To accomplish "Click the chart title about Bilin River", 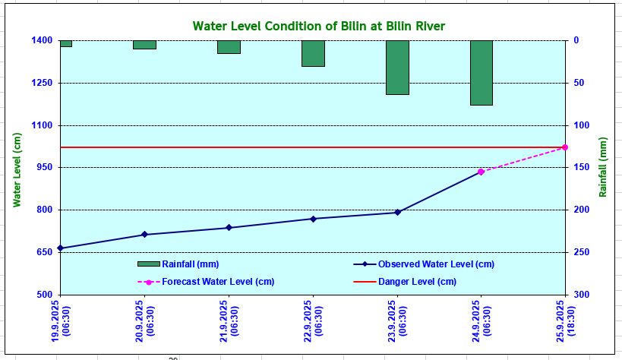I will pyautogui.click(x=318, y=26).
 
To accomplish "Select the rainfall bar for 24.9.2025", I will pyautogui.click(x=481, y=72).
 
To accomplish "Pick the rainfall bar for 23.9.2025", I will pyautogui.click(x=397, y=67).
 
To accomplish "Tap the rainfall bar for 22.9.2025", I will pyautogui.click(x=313, y=53).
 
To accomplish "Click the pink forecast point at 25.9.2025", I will pyautogui.click(x=565, y=147).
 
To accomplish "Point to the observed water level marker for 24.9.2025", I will pyautogui.click(x=481, y=172).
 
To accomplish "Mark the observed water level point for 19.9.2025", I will pyautogui.click(x=60, y=248).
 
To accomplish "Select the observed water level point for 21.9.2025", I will pyautogui.click(x=229, y=228).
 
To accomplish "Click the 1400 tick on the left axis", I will pyautogui.click(x=41, y=40).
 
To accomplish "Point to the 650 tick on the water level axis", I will pyautogui.click(x=43, y=252).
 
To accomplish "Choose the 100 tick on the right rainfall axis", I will pyautogui.click(x=580, y=125).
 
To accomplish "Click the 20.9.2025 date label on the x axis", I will pyautogui.click(x=144, y=321).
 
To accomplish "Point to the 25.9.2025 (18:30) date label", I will pyautogui.click(x=565, y=321).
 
